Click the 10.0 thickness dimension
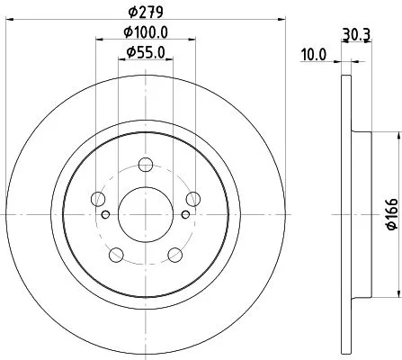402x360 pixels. (313, 55)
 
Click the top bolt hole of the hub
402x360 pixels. (146, 166)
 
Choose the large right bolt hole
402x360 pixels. (192, 200)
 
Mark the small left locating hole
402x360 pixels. (106, 214)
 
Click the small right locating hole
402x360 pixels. (185, 214)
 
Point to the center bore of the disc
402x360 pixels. (146, 214)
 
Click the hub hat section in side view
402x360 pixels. (362, 214)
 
